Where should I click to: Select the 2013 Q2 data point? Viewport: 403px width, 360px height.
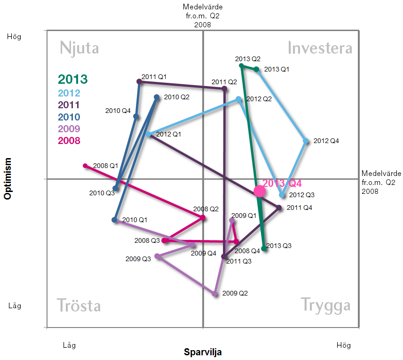pyautogui.click(x=242, y=66)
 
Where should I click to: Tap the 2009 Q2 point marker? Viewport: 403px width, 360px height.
pyautogui.click(x=215, y=294)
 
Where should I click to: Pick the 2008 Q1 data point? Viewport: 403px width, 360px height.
pyautogui.click(x=85, y=166)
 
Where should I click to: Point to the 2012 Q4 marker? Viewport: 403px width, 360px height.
pyautogui.click(x=306, y=141)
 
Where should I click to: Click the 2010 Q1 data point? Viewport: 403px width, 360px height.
pyautogui.click(x=114, y=220)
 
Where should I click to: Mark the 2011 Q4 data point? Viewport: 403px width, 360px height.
pyautogui.click(x=279, y=208)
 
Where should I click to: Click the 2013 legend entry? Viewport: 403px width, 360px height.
pyautogui.click(x=73, y=80)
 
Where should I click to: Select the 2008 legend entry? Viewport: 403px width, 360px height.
pyautogui.click(x=69, y=140)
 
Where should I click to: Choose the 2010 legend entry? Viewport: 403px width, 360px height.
pyautogui.click(x=69, y=117)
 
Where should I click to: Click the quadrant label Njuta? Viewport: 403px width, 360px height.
pyautogui.click(x=79, y=48)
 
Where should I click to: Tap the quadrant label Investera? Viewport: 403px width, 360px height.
pyautogui.click(x=320, y=48)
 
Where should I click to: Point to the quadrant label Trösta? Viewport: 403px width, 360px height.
pyautogui.click(x=79, y=305)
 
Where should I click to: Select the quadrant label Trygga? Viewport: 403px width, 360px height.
pyautogui.click(x=325, y=305)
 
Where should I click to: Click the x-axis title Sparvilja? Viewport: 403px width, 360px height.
pyautogui.click(x=203, y=352)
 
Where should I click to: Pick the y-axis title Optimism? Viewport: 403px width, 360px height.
pyautogui.click(x=8, y=179)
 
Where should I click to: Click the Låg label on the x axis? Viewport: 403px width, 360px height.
pyautogui.click(x=69, y=345)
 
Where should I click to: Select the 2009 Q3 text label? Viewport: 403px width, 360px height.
pyautogui.click(x=138, y=258)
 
